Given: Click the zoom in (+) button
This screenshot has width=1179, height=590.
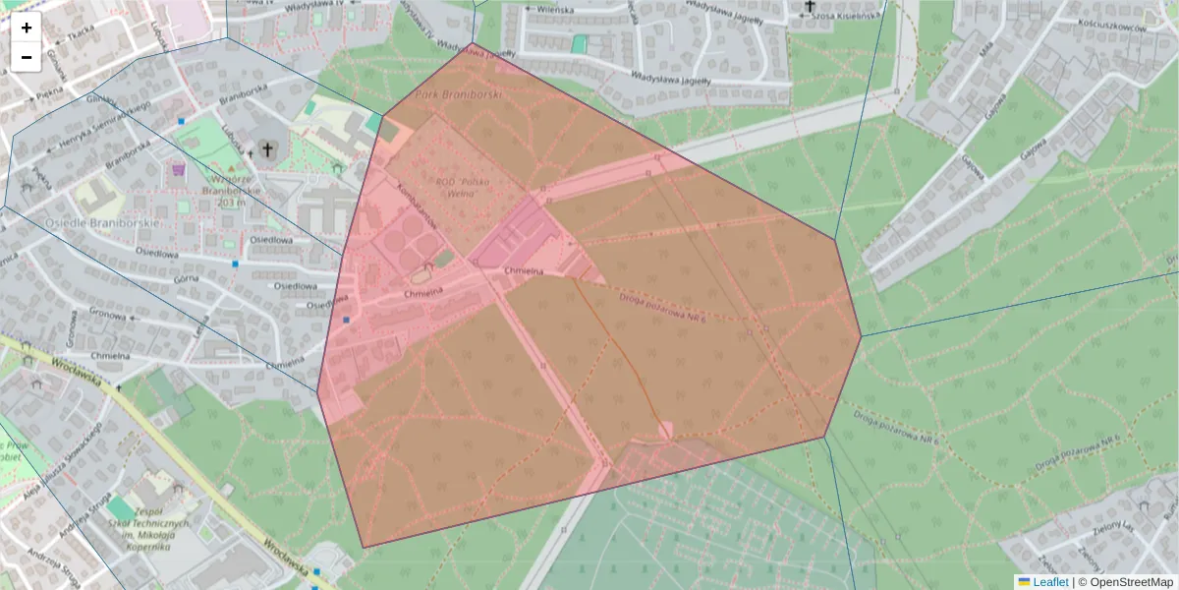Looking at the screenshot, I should tap(27, 28).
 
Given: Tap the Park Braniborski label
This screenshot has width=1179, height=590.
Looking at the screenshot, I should tap(459, 94).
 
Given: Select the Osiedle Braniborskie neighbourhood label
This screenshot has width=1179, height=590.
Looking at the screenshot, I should tap(90, 223).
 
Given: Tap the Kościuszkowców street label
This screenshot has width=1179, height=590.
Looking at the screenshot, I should tap(1112, 29).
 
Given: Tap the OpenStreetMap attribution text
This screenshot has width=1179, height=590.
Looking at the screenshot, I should tap(1126, 581).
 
